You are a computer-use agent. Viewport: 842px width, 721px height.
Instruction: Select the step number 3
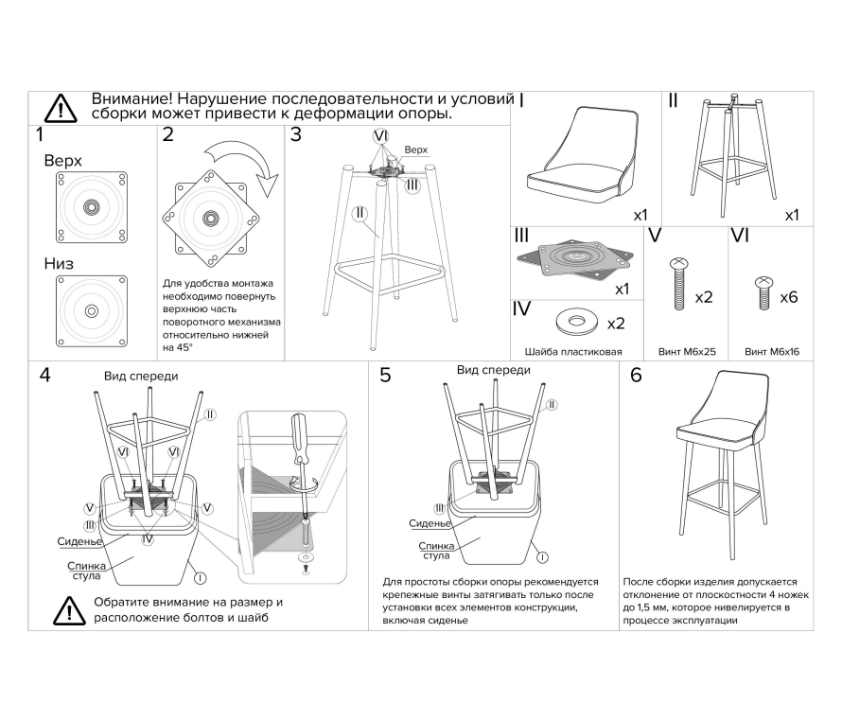(295, 134)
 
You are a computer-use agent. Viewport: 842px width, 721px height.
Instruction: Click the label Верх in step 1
(62, 161)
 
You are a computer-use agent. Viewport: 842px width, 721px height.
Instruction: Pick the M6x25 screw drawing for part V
(677, 284)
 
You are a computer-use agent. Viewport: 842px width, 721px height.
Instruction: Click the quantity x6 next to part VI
(789, 296)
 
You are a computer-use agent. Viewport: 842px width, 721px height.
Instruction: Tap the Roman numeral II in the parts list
(673, 99)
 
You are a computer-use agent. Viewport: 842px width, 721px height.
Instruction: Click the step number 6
(635, 376)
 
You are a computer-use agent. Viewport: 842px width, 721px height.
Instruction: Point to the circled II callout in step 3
(360, 213)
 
